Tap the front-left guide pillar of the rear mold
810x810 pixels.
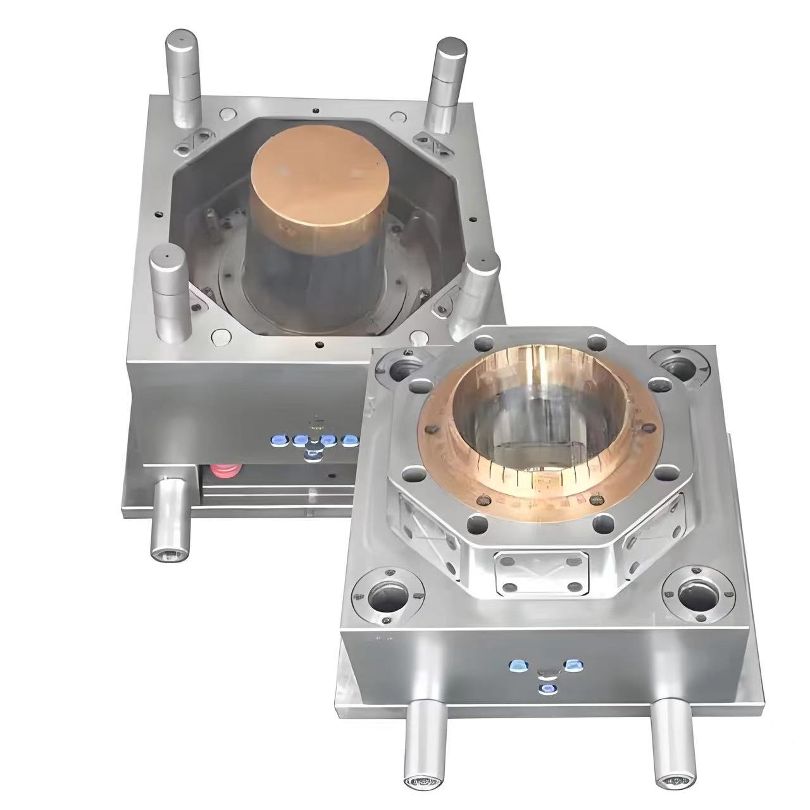(x=167, y=290)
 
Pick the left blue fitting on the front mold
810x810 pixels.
(x=519, y=665)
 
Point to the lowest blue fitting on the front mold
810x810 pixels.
(x=546, y=688)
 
